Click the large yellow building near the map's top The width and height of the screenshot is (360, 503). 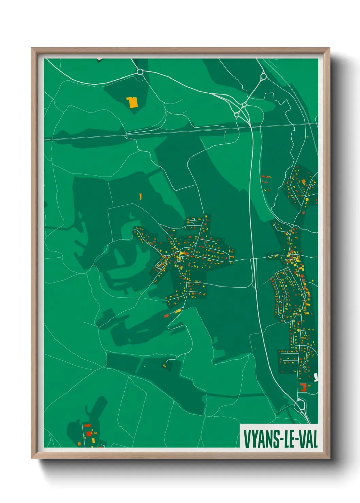(x=132, y=102)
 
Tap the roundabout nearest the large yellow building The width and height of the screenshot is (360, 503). (x=140, y=72)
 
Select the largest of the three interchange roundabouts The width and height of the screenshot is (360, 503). (x=263, y=77)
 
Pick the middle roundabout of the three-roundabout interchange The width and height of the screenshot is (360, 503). (x=244, y=105)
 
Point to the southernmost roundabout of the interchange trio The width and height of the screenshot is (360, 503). (x=237, y=115)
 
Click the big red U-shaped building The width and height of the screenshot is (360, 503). (x=303, y=387)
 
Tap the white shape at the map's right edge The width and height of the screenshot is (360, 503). (x=316, y=377)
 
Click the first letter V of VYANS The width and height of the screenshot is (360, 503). (x=247, y=439)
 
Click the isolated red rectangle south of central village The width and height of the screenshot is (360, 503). (x=166, y=316)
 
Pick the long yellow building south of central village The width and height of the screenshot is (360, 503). (x=178, y=311)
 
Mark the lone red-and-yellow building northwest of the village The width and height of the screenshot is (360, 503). (x=140, y=196)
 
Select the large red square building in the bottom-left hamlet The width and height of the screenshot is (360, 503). (x=89, y=433)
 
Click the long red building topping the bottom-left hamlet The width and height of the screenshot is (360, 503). (x=87, y=425)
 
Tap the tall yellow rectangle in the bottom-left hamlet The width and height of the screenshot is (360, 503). (x=93, y=440)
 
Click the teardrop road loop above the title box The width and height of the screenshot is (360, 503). (x=299, y=405)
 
